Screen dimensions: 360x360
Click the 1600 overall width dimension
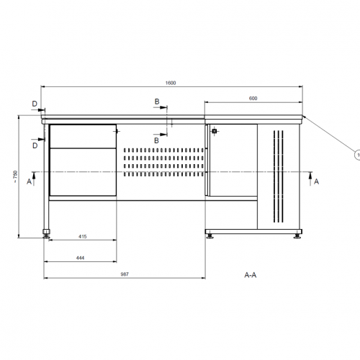click(x=171, y=83)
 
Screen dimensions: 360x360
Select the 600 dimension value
click(x=253, y=99)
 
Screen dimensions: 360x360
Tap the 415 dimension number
click(x=83, y=237)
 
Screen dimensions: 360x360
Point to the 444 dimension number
click(x=80, y=258)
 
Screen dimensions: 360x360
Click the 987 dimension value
click(x=125, y=274)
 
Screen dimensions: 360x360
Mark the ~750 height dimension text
click(x=15, y=177)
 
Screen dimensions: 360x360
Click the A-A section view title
click(x=251, y=275)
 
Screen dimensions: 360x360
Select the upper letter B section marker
click(x=157, y=102)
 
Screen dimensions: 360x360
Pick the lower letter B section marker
click(x=156, y=140)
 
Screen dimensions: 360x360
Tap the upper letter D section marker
click(x=35, y=104)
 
